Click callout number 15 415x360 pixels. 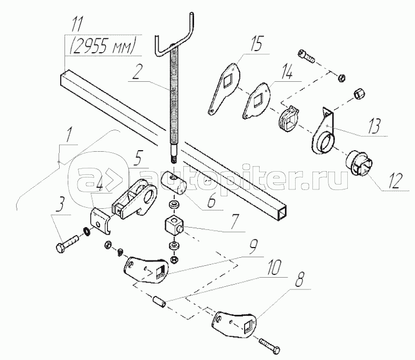[x=256, y=44]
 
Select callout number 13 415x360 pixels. [x=374, y=126]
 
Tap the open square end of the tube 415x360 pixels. [x=282, y=214]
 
